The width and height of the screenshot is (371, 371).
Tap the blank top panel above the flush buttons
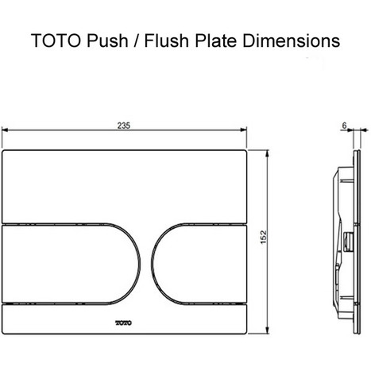(x=128, y=183)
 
